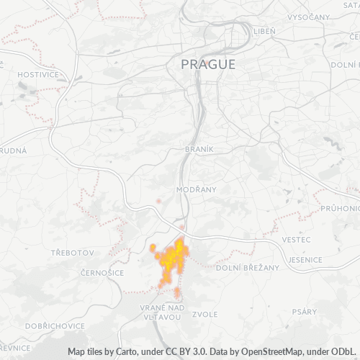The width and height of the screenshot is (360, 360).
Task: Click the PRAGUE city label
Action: click(207, 64)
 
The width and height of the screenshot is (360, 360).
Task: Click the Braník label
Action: click(199, 148)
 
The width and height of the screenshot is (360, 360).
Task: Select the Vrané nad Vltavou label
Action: click(162, 312)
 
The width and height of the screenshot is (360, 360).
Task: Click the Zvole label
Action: click(205, 314)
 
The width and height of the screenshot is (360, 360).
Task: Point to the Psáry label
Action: click(305, 312)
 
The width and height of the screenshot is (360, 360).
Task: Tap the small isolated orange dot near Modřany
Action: click(158, 201)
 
